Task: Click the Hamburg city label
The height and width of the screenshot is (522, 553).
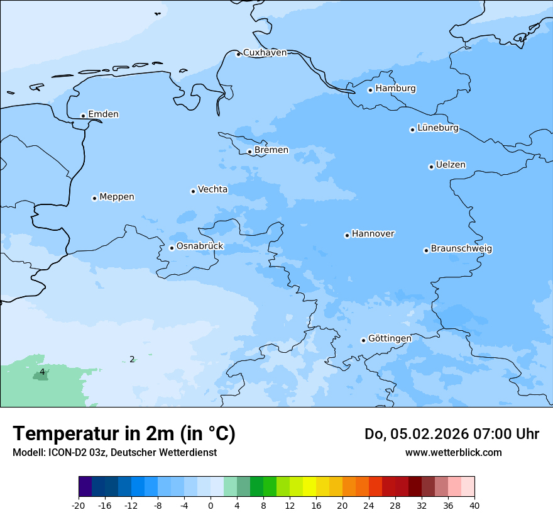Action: (395, 89)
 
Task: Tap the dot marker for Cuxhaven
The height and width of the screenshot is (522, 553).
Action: (238, 54)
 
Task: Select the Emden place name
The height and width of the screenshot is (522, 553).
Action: (103, 114)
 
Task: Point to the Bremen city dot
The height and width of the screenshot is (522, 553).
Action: (249, 152)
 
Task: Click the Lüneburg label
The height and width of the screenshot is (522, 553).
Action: (437, 128)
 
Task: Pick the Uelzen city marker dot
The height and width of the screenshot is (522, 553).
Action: (431, 167)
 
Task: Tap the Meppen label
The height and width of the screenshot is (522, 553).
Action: (116, 197)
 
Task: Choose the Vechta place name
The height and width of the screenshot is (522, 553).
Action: (212, 189)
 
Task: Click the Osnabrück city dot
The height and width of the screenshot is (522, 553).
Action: (172, 248)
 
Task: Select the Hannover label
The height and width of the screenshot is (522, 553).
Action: (373, 234)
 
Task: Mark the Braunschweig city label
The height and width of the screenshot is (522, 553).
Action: (461, 249)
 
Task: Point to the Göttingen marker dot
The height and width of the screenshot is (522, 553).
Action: (363, 340)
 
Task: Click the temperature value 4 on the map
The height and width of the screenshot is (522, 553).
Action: (42, 372)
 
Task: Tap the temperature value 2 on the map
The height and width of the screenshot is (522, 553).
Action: (132, 360)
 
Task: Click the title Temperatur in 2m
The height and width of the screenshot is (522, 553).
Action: (124, 433)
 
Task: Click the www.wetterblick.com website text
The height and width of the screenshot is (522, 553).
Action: (453, 452)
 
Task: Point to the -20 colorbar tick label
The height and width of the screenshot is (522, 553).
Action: (79, 506)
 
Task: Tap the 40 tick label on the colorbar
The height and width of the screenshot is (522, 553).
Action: (474, 506)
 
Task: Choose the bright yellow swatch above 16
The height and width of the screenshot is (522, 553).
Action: (309, 487)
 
